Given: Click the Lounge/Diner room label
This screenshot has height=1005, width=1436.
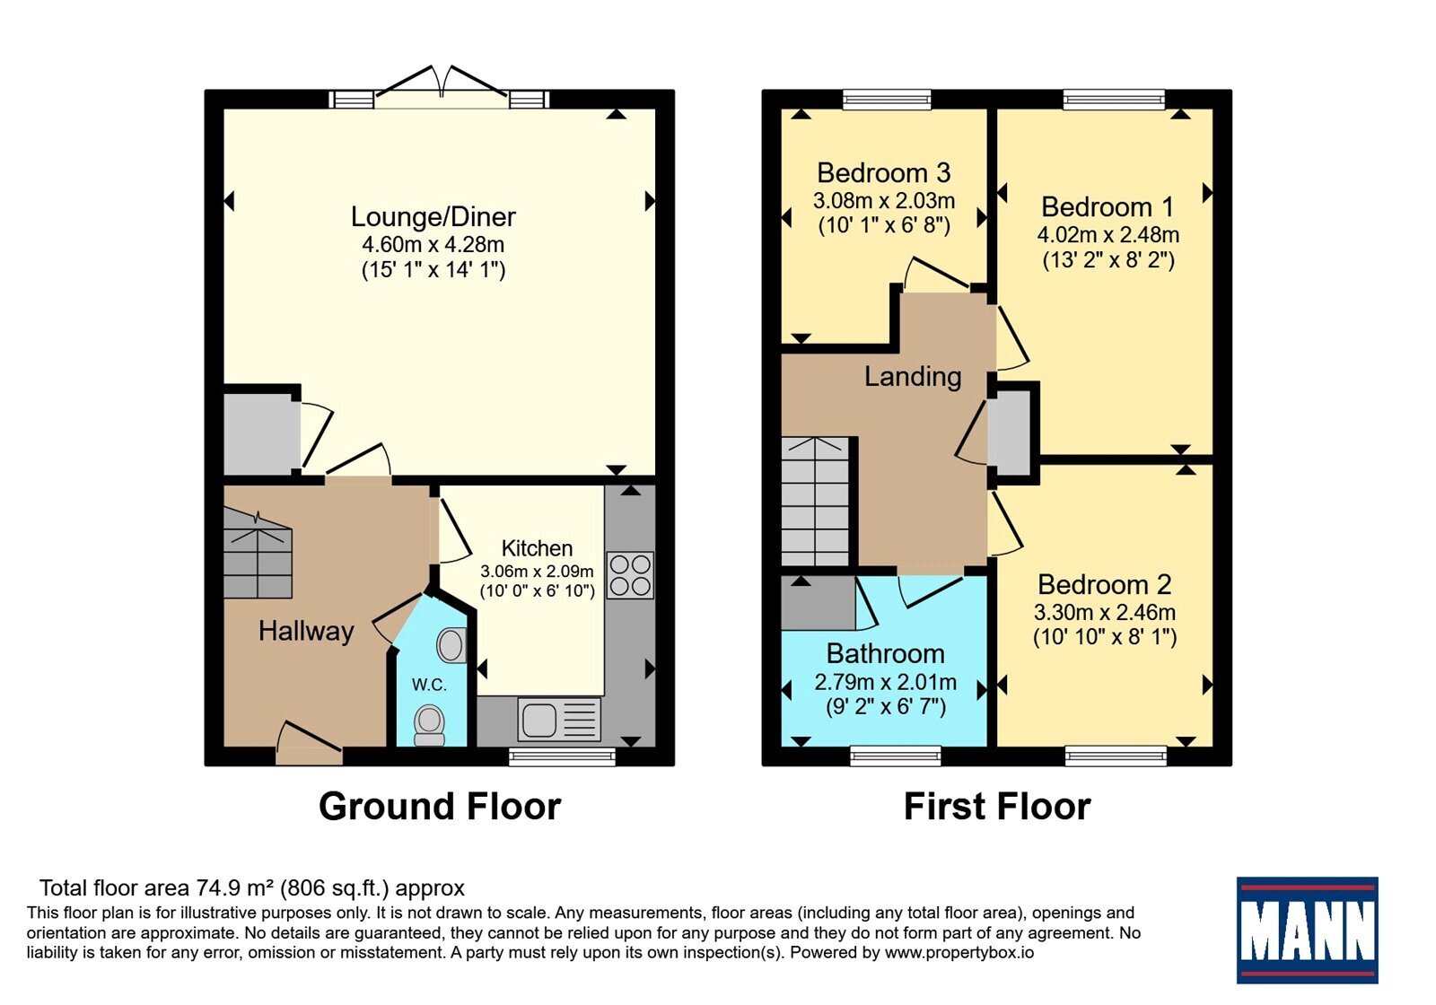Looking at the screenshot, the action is tap(433, 216).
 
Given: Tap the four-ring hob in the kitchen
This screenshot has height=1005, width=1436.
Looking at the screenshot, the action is tap(630, 575).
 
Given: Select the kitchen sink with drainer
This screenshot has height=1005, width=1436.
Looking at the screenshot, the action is tap(559, 719).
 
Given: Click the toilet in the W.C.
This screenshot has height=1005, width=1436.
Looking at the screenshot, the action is tap(430, 726).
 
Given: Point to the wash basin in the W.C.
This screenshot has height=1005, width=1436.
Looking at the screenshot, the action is tap(451, 644).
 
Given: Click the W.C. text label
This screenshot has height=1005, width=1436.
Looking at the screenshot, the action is tap(429, 685).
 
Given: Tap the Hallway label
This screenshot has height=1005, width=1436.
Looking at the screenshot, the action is tap(306, 632).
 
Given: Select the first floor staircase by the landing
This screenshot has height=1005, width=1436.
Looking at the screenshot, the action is tap(816, 502).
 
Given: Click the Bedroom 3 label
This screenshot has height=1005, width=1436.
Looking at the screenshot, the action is tap(883, 172).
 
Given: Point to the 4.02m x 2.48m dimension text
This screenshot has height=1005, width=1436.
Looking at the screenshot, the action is tap(1108, 234).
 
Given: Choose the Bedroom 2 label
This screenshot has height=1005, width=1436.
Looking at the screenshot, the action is tap(1105, 584).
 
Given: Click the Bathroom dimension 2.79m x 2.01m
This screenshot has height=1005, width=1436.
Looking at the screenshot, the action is tap(885, 681).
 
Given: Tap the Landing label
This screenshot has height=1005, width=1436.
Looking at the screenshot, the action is tap(913, 376).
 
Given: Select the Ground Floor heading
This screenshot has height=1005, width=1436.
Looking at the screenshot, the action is tap(440, 807).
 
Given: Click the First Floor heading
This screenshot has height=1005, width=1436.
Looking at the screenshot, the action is tap(997, 807).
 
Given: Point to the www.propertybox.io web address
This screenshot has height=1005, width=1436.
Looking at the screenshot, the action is tap(959, 952).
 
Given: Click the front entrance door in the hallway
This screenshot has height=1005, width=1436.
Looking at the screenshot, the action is tap(309, 744).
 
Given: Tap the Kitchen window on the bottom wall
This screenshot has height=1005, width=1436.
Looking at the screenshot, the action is tap(562, 757).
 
